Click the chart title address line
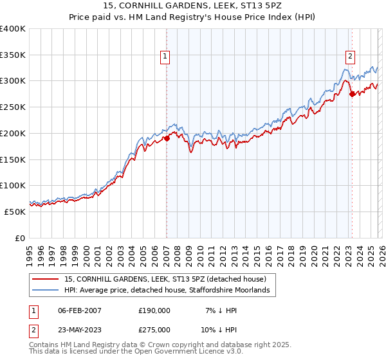192,6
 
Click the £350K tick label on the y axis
13,55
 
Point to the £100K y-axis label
13,186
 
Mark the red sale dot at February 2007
167,138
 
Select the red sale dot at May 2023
352,94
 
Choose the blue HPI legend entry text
170,291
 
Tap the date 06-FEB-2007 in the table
80,310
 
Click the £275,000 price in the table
154,329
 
